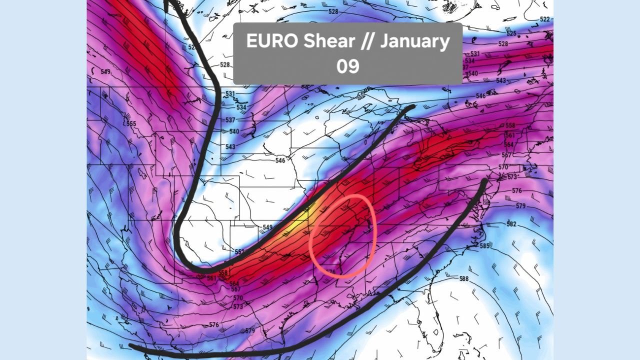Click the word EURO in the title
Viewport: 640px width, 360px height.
[x=273, y=41]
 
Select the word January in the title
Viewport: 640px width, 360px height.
[x=414, y=41]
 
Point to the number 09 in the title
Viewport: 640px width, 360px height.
[x=347, y=66]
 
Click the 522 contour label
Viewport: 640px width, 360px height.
[x=545, y=19]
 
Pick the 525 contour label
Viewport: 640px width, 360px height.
[x=511, y=33]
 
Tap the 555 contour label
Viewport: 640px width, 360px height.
[x=131, y=123]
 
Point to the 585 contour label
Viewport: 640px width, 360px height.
[x=484, y=245]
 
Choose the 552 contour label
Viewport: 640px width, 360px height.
[x=240, y=251]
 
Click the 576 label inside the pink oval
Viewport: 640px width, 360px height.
[x=330, y=272]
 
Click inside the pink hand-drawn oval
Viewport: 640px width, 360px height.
[x=342, y=235]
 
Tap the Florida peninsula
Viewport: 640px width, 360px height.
[x=430, y=320]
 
